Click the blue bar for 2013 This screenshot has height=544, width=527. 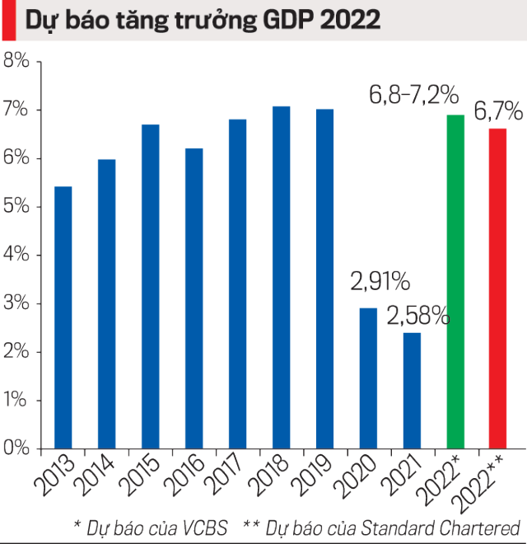click(x=63, y=317)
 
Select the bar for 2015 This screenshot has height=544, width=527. click(x=151, y=286)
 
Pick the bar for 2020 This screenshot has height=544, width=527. click(x=368, y=378)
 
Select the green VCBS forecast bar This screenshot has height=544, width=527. click(x=455, y=281)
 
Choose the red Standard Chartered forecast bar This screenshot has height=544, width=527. click(x=498, y=288)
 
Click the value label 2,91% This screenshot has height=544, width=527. click(x=380, y=282)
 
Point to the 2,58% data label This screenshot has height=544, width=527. click(x=418, y=315)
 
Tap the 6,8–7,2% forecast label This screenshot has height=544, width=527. click(x=413, y=96)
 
